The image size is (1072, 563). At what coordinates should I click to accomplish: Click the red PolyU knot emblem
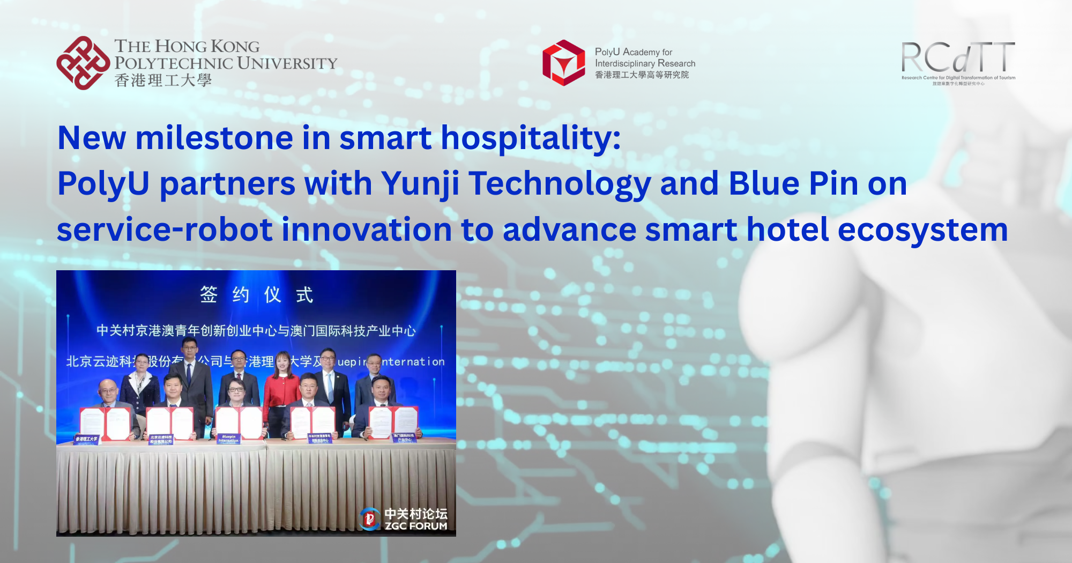(83, 63)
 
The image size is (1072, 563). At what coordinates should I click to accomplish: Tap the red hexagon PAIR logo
(563, 63)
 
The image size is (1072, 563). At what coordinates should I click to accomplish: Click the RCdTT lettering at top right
(958, 57)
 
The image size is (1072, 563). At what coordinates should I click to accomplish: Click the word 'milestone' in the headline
(214, 138)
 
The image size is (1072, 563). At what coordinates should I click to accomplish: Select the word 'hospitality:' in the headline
(530, 138)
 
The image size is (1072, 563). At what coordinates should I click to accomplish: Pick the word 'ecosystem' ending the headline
(922, 230)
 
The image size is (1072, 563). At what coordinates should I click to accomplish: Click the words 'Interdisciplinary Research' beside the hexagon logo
(645, 63)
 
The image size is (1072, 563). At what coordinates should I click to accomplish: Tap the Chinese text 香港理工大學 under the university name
(163, 80)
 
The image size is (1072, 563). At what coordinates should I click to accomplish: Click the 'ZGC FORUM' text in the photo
(416, 526)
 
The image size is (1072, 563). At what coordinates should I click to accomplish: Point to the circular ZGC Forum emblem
(370, 518)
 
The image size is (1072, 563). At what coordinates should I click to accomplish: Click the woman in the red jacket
(281, 389)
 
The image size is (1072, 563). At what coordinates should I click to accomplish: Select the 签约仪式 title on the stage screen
(256, 294)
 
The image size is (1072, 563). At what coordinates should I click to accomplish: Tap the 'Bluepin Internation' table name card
(229, 439)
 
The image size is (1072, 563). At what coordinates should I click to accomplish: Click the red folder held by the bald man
(105, 424)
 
